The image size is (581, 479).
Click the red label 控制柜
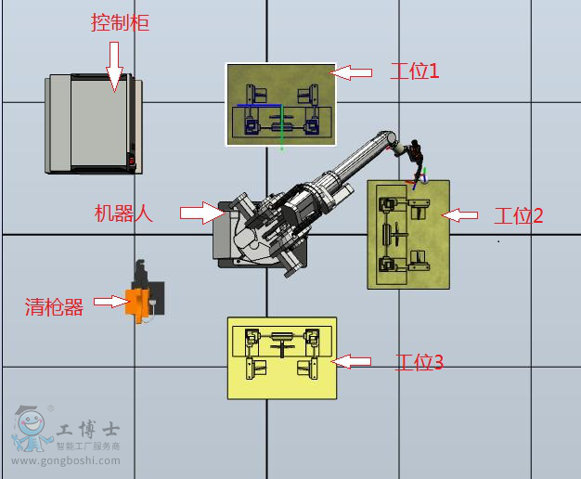[x=120, y=22]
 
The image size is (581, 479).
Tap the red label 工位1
[x=415, y=71]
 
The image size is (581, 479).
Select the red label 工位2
[x=519, y=215]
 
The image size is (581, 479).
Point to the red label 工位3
[x=420, y=362]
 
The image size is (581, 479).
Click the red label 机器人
[x=123, y=214]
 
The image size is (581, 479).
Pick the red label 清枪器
[x=54, y=307]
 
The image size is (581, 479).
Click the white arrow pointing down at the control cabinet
[x=114, y=67]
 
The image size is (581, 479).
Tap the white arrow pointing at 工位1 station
[x=351, y=72]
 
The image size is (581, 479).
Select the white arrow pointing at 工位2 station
[x=459, y=215]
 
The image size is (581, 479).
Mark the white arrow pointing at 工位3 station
[x=351, y=361]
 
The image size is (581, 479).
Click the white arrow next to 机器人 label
[x=202, y=213]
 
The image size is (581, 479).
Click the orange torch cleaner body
[x=137, y=304]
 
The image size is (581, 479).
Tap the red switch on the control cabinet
[x=132, y=161]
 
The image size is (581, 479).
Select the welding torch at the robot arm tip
[x=416, y=163]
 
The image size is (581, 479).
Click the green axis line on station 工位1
[x=281, y=127]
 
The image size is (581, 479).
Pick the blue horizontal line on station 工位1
[x=259, y=105]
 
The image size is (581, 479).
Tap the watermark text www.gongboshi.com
[x=66, y=460]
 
